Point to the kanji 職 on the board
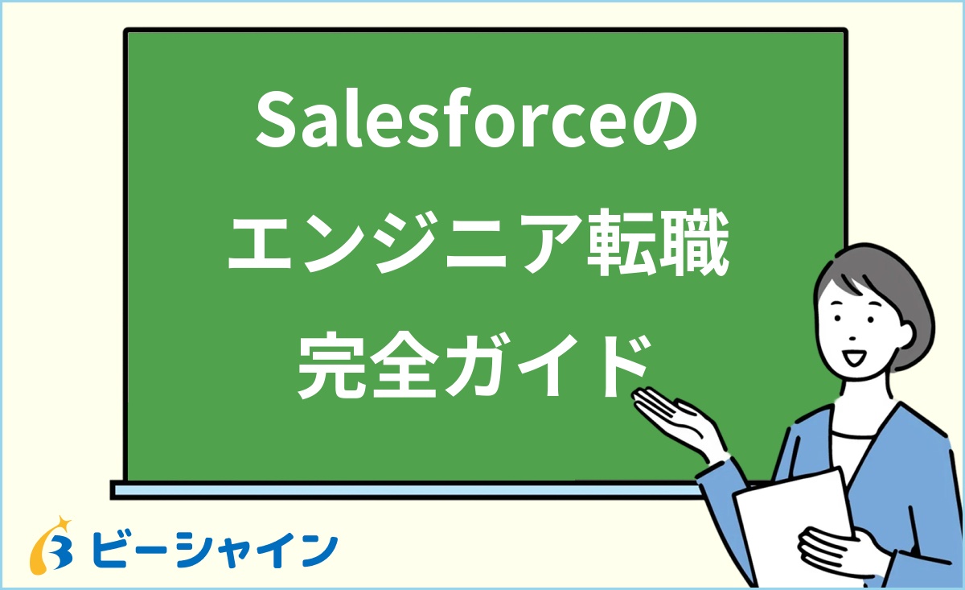coord(696,247)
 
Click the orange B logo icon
coord(53,548)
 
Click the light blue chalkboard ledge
coord(402,489)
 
